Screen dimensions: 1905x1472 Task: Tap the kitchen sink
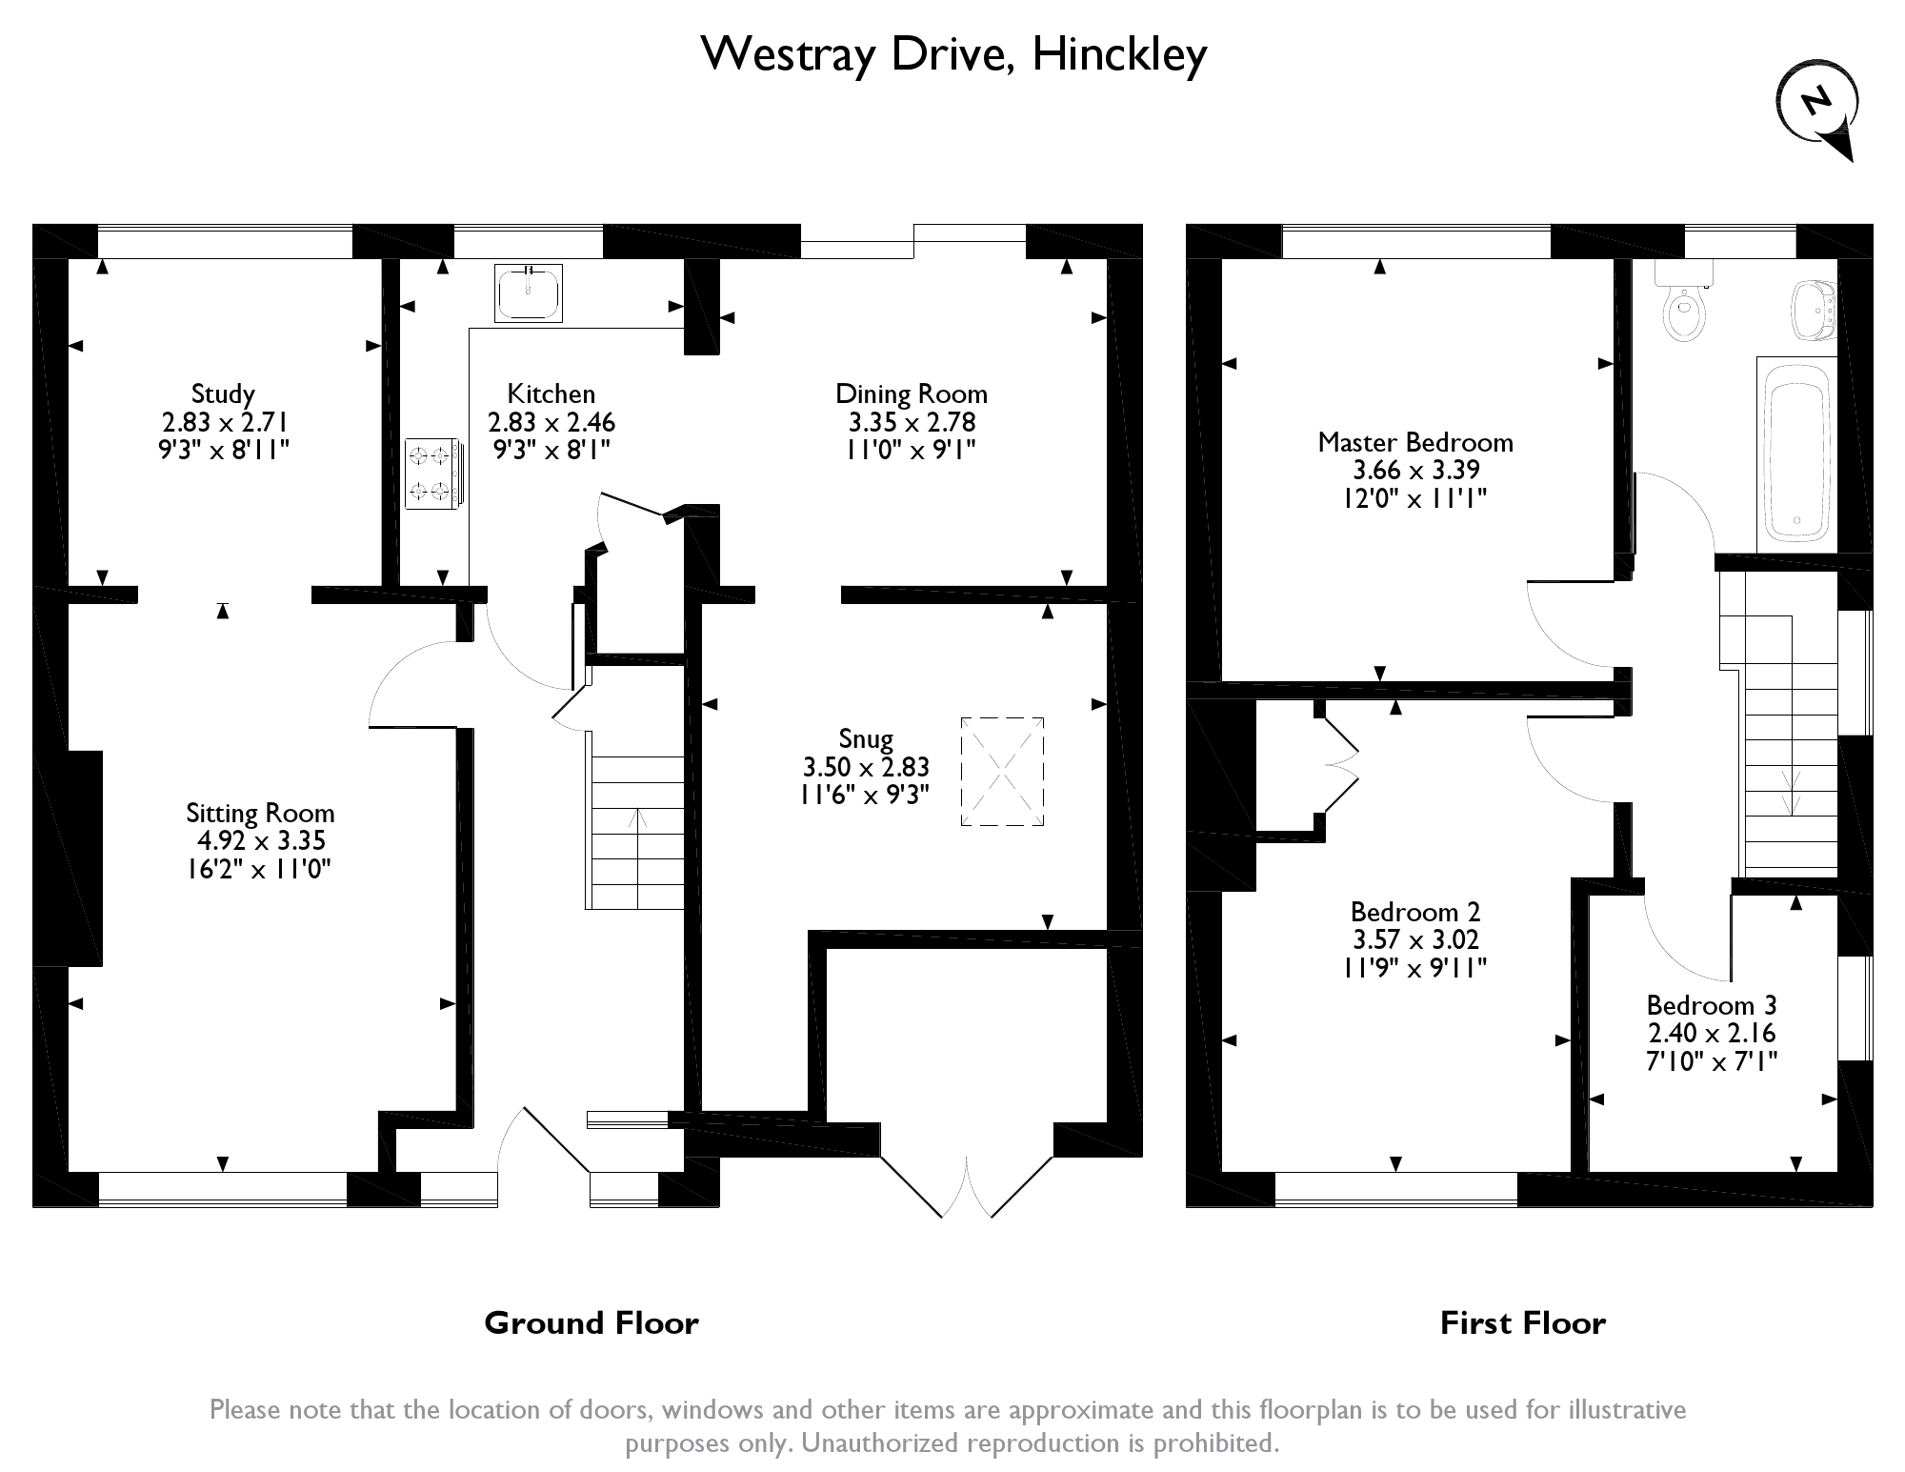[529, 292]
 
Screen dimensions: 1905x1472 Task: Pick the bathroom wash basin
[1813, 309]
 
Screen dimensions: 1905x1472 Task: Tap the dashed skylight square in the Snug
[1002, 772]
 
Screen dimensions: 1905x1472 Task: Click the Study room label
[223, 394]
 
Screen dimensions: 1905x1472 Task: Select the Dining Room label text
[912, 393]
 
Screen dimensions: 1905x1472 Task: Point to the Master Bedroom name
[1415, 442]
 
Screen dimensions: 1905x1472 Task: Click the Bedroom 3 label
[1712, 1005]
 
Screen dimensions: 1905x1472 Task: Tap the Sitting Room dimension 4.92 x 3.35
[260, 840]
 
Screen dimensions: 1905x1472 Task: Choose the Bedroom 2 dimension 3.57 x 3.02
[1416, 939]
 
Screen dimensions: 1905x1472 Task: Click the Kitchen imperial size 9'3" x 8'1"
[551, 449]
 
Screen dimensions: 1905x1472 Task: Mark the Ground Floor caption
[592, 1322]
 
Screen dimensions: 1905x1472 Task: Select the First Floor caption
[1523, 1322]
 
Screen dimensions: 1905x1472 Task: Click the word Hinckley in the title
[1120, 54]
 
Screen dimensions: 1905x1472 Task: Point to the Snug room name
[866, 738]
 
